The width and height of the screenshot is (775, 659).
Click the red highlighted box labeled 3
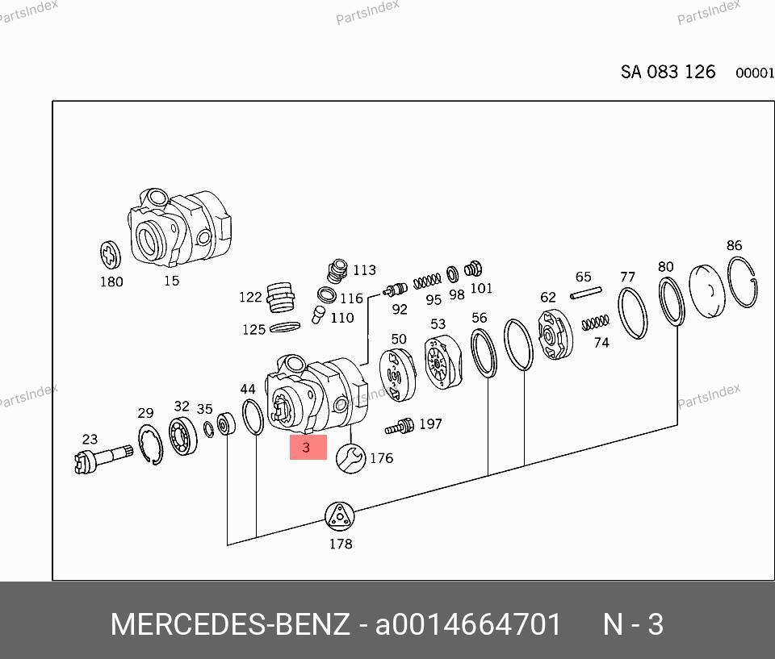click(308, 447)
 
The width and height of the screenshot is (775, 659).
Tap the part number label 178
click(341, 544)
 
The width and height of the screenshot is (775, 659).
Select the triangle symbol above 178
click(340, 515)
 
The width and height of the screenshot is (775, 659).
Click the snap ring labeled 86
click(743, 282)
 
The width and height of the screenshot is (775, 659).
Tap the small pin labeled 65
click(586, 294)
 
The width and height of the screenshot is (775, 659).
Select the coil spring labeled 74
click(596, 322)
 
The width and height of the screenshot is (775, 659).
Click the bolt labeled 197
click(400, 425)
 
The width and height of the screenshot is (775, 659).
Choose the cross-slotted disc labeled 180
click(111, 255)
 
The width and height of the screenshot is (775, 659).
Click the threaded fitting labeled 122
click(279, 297)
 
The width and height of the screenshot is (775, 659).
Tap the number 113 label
click(364, 270)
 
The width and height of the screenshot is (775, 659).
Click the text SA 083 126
click(668, 72)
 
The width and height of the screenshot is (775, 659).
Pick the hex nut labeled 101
click(475, 270)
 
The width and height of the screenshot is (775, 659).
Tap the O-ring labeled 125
click(283, 327)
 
